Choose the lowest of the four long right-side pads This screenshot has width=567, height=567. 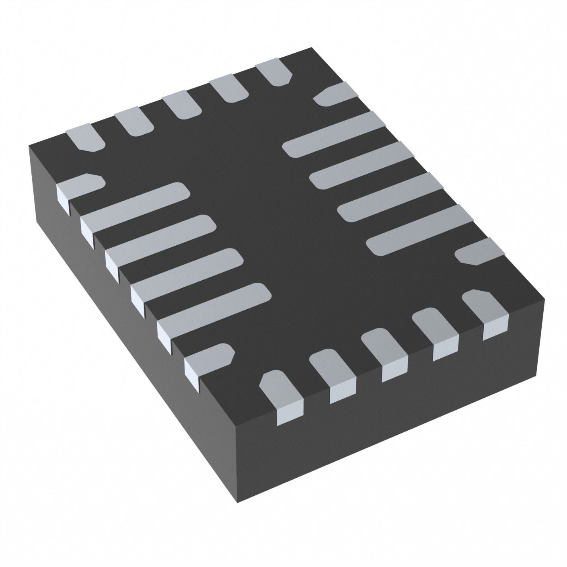pyautogui.click(x=418, y=229)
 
